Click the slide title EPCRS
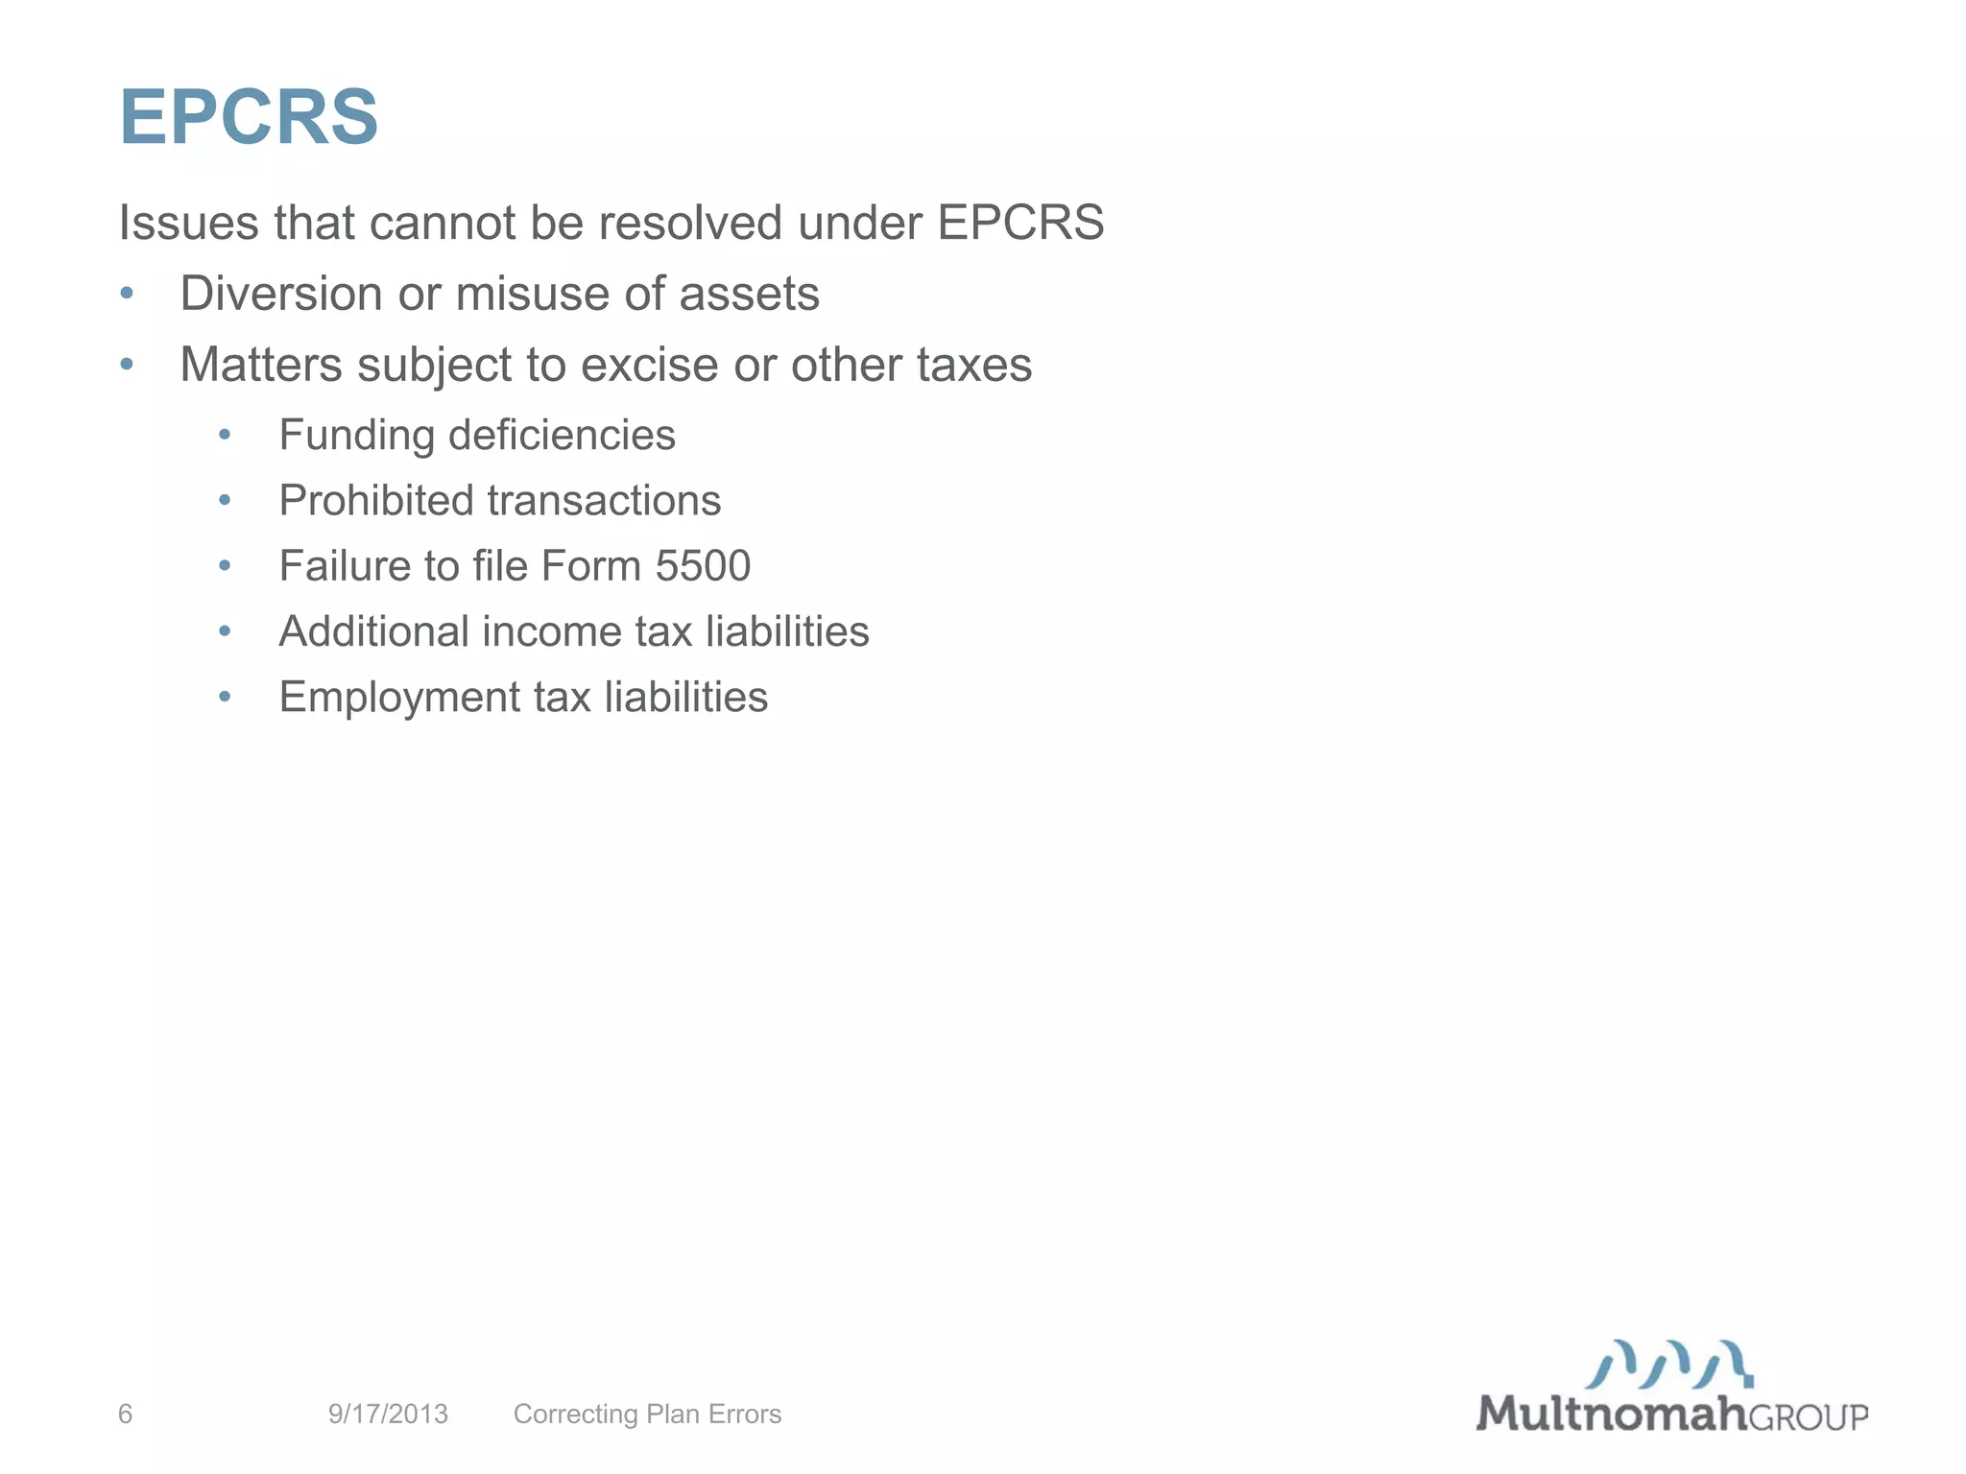249,117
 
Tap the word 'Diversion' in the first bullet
281,294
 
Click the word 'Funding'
356,435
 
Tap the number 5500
703,565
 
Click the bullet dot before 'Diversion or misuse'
127,294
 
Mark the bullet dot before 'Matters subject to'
127,365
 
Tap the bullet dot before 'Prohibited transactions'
225,500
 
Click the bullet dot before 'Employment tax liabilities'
225,697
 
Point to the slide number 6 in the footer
125,1414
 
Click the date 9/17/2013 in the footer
388,1414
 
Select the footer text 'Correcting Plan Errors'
647,1414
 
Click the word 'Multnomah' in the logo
1611,1414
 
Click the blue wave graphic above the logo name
1669,1364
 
